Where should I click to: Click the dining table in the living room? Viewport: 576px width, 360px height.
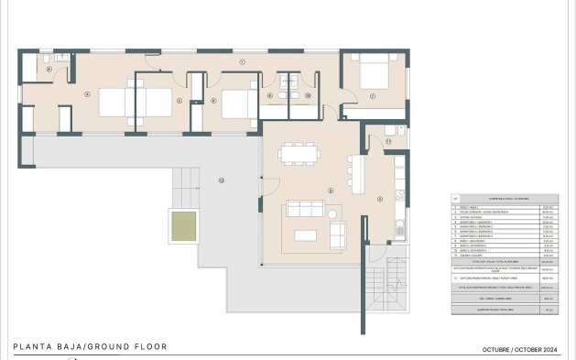295,152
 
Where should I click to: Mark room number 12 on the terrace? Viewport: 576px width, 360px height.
221,179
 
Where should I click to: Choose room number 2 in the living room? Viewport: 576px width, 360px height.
330,190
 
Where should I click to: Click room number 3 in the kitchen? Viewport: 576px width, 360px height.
380,198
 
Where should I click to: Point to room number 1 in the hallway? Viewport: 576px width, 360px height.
242,61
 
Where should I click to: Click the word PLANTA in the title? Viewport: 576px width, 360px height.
33,347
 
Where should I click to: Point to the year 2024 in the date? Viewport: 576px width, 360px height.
552,350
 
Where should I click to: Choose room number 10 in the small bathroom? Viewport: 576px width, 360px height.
309,94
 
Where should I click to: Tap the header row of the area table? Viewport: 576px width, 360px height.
504,197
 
